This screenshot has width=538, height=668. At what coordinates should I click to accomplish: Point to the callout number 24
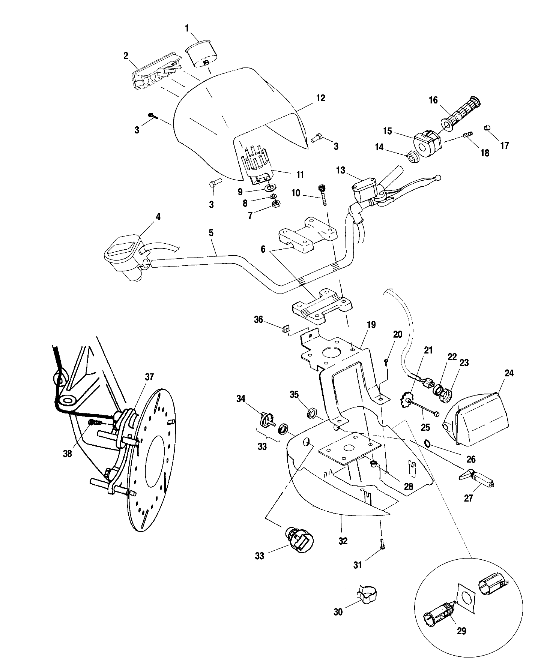(509, 373)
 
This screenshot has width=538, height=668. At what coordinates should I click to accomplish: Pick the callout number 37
(149, 377)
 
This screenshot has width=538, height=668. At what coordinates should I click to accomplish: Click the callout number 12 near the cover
(320, 98)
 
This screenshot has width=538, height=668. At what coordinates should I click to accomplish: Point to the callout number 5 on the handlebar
(211, 233)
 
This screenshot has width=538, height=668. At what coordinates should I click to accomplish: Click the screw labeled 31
(382, 544)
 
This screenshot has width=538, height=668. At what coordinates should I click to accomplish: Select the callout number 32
(343, 541)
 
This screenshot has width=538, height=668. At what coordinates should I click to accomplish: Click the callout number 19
(371, 325)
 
